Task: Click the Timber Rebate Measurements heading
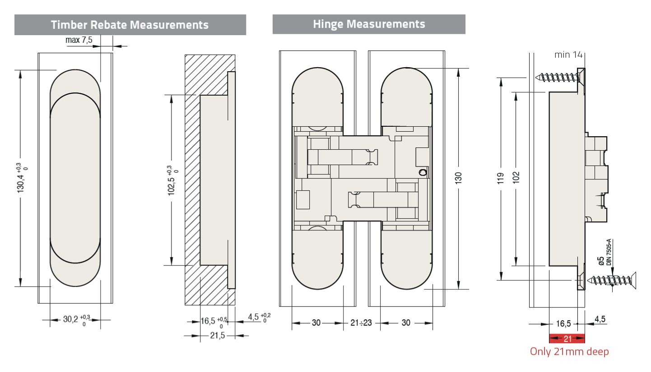[x=130, y=24]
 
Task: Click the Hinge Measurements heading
[x=369, y=24]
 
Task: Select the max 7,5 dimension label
[x=79, y=40]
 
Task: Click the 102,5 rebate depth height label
[x=172, y=180]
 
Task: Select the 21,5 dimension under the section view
[x=218, y=335]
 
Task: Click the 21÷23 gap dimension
[x=362, y=323]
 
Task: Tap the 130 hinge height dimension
[x=458, y=178]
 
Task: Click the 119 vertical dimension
[x=501, y=178]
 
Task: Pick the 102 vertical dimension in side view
[x=516, y=178]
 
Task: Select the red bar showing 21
[x=567, y=339]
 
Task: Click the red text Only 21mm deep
[x=569, y=352]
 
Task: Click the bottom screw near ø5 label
[x=609, y=280]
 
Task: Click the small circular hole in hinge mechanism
[x=423, y=172]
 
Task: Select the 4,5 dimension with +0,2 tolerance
[x=255, y=317]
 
